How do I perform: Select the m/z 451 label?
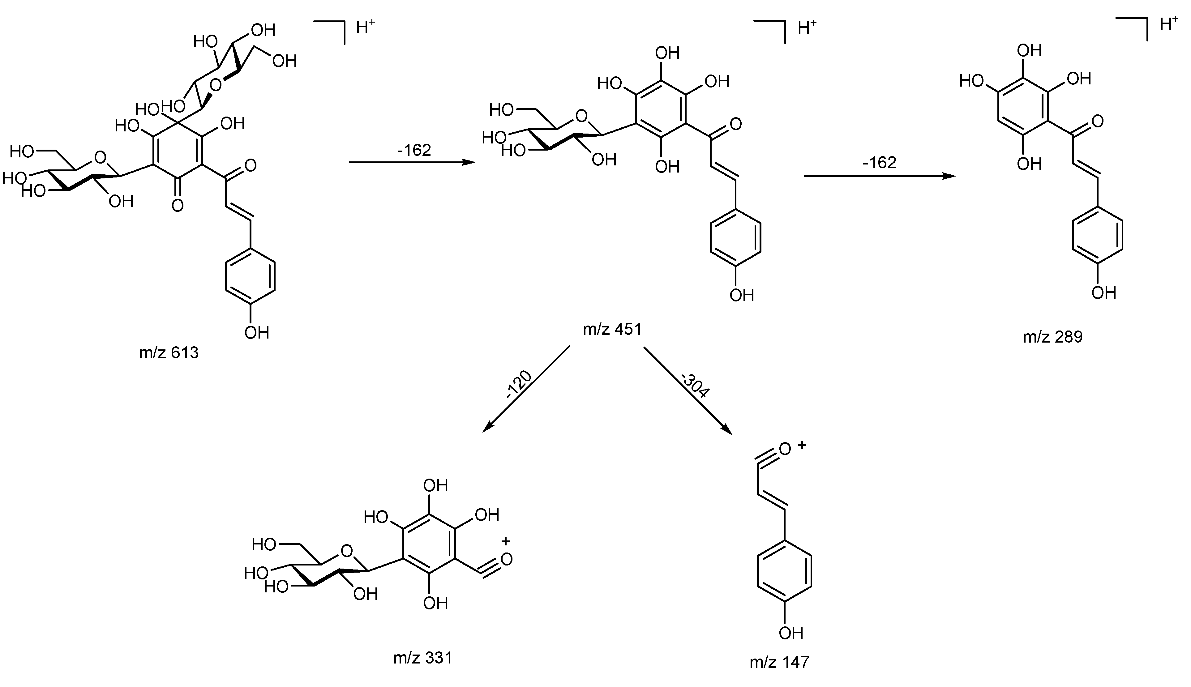[x=612, y=329]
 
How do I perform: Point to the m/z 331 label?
[x=423, y=658]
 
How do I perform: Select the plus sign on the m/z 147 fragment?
[x=801, y=445]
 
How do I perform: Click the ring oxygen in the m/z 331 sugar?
[x=347, y=551]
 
